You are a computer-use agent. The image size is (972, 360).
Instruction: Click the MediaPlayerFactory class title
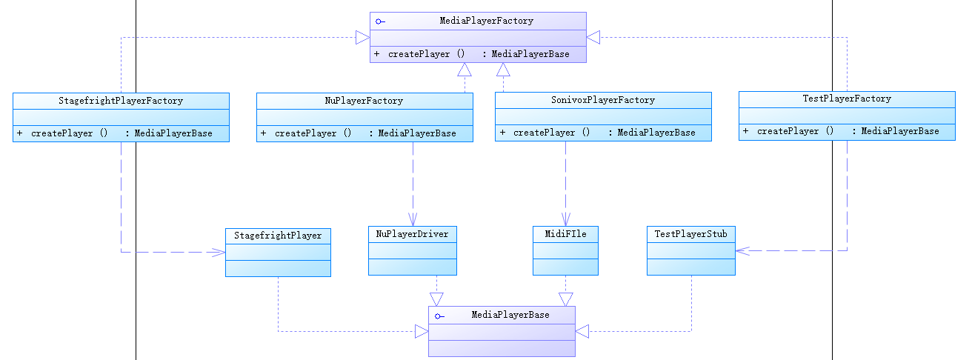point(486,21)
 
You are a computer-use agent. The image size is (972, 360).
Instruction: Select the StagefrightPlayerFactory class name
point(121,101)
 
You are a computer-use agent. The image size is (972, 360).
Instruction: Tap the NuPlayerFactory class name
point(364,101)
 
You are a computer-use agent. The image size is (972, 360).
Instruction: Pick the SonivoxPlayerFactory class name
point(603,100)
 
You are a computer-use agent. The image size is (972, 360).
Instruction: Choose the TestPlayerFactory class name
point(847,99)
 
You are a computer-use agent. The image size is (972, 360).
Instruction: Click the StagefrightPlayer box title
point(278,236)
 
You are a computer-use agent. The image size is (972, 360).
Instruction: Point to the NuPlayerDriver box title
point(412,234)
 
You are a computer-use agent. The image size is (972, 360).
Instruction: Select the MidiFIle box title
point(566,234)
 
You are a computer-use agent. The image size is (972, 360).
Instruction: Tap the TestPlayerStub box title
point(690,234)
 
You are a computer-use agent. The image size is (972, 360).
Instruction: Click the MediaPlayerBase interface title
point(510,315)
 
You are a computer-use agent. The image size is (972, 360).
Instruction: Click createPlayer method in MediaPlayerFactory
point(426,55)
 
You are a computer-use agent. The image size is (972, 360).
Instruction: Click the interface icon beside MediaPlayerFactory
point(379,21)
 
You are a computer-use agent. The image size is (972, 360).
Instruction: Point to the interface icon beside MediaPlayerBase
point(439,316)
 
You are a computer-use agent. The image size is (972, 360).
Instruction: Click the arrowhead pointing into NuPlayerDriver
point(413,220)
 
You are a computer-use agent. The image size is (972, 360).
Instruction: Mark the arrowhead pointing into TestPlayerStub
point(742,251)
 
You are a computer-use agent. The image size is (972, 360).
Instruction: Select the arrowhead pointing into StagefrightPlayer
point(219,253)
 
